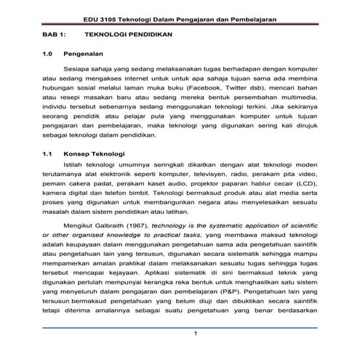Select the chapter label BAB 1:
54,33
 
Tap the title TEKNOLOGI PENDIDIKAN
124,33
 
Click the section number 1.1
48,154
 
